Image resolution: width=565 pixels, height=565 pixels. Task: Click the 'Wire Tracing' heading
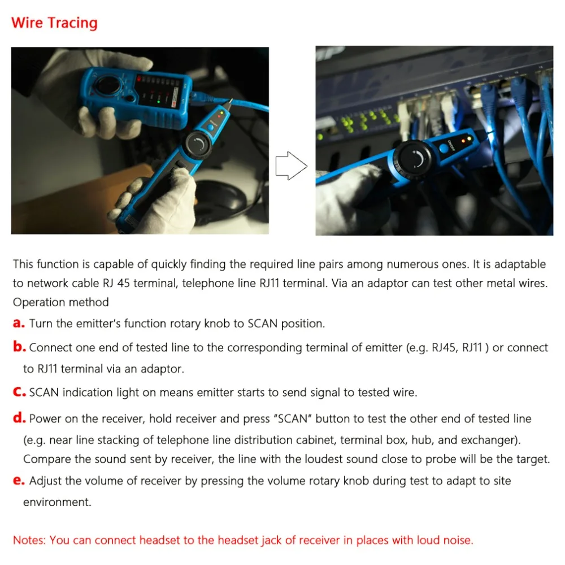tap(54, 23)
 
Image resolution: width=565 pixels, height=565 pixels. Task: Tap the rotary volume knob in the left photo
tap(198, 144)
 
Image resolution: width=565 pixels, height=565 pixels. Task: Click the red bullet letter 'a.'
tap(19, 324)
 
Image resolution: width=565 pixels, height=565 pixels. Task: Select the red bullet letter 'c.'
tap(19, 392)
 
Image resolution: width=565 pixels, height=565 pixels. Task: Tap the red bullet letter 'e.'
tap(19, 481)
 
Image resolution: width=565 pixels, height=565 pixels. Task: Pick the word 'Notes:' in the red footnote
tap(29, 540)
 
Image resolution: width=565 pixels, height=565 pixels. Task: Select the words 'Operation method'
tap(61, 302)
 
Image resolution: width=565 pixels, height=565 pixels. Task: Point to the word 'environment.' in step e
tap(57, 502)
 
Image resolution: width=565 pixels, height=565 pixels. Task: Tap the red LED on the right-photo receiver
tap(464, 141)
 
